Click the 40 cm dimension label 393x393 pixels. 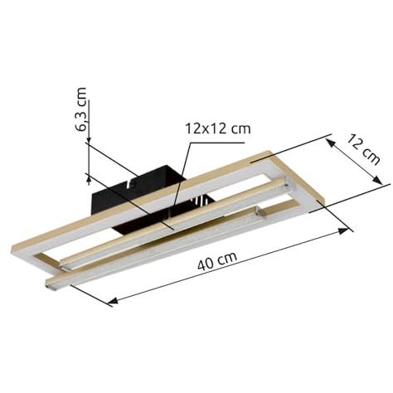217,260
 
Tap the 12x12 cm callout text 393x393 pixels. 217,129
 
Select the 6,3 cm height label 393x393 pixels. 81,109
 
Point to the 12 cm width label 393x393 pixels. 362,149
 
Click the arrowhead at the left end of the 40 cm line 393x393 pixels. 113,300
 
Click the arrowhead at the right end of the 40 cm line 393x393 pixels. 343,230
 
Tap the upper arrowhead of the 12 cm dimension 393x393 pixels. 330,143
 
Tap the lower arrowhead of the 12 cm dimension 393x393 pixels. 378,180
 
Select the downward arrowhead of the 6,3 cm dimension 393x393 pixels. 89,139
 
